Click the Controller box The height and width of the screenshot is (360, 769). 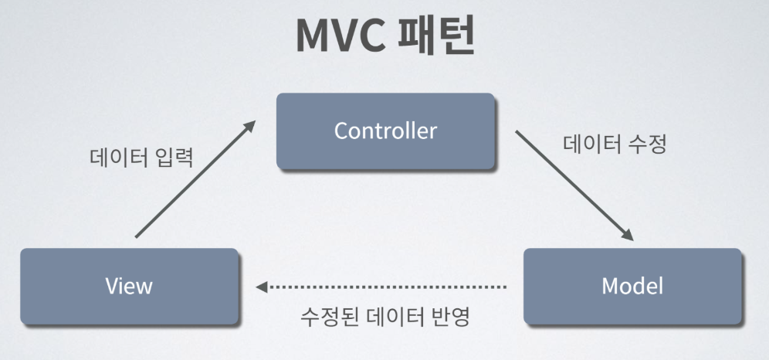pyautogui.click(x=385, y=131)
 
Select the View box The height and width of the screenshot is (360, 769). pyautogui.click(x=129, y=286)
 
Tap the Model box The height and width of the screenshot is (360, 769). pyautogui.click(x=632, y=286)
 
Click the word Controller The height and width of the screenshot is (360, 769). pyautogui.click(x=385, y=131)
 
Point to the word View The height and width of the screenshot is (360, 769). pyautogui.click(x=129, y=286)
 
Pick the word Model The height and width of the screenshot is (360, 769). pyautogui.click(x=632, y=286)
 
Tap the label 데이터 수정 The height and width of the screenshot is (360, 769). pyautogui.click(x=615, y=144)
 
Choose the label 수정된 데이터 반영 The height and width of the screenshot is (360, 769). pyautogui.click(x=384, y=318)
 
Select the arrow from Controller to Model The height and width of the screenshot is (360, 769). pyautogui.click(x=576, y=185)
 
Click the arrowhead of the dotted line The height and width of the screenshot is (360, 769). pyautogui.click(x=263, y=287)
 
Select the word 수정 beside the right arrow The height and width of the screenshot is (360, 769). pyautogui.click(x=648, y=144)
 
